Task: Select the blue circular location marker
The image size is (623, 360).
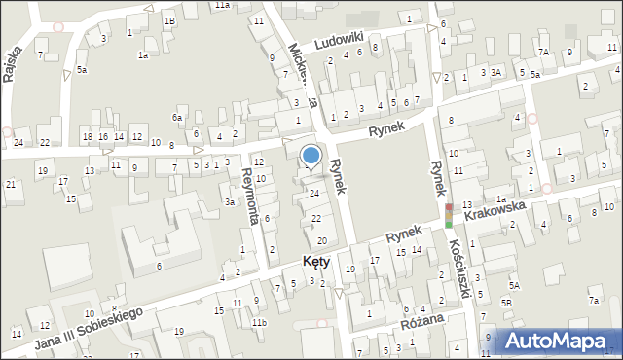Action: pyautogui.click(x=311, y=155)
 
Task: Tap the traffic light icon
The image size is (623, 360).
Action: pyautogui.click(x=449, y=215)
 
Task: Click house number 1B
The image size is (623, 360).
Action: pyautogui.click(x=168, y=20)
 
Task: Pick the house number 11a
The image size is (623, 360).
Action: pyautogui.click(x=223, y=5)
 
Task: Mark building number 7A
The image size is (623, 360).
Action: pyautogui.click(x=543, y=52)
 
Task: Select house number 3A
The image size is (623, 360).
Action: pyautogui.click(x=495, y=72)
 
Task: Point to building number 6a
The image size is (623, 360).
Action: pyautogui.click(x=177, y=118)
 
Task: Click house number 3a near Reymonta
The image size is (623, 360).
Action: pyautogui.click(x=230, y=201)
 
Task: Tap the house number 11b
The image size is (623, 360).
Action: pyautogui.click(x=258, y=322)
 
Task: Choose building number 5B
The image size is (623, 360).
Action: pyautogui.click(x=507, y=303)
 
